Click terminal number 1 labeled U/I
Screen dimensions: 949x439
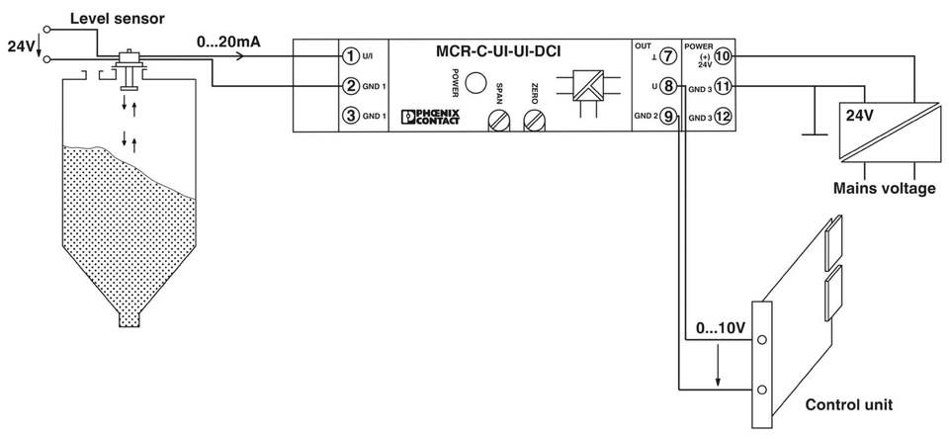(350, 56)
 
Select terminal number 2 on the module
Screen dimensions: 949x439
(350, 86)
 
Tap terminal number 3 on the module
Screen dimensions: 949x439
(350, 115)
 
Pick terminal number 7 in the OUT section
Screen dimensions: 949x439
(667, 56)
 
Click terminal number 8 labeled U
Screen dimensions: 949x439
(667, 86)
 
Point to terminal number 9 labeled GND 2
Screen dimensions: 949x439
(667, 115)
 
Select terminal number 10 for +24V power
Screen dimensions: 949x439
(724, 56)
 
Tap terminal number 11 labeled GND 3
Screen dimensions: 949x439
(724, 86)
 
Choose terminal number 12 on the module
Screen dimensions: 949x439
(724, 115)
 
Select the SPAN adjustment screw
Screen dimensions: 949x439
(498, 121)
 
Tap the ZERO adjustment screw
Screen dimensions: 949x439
(535, 121)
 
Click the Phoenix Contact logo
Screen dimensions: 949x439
(431, 117)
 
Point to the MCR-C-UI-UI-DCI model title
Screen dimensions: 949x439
(498, 51)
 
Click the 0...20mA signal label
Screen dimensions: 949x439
(228, 43)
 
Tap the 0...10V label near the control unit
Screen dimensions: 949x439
(721, 329)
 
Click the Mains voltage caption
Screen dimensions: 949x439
(884, 188)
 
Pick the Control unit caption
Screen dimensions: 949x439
(848, 404)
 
